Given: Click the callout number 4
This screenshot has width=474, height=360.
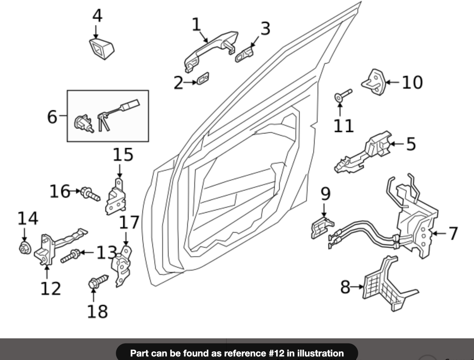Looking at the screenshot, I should (x=97, y=16).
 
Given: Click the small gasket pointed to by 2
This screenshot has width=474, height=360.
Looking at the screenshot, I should (x=203, y=79).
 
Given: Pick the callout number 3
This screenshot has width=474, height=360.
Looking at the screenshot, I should (x=265, y=28).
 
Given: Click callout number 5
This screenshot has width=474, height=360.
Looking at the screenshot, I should (x=411, y=144).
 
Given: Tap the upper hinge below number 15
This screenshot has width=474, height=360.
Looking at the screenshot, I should (x=116, y=197).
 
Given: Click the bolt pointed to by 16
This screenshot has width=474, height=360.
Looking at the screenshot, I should (x=90, y=194).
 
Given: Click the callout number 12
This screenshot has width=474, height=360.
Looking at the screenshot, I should (x=50, y=289).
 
